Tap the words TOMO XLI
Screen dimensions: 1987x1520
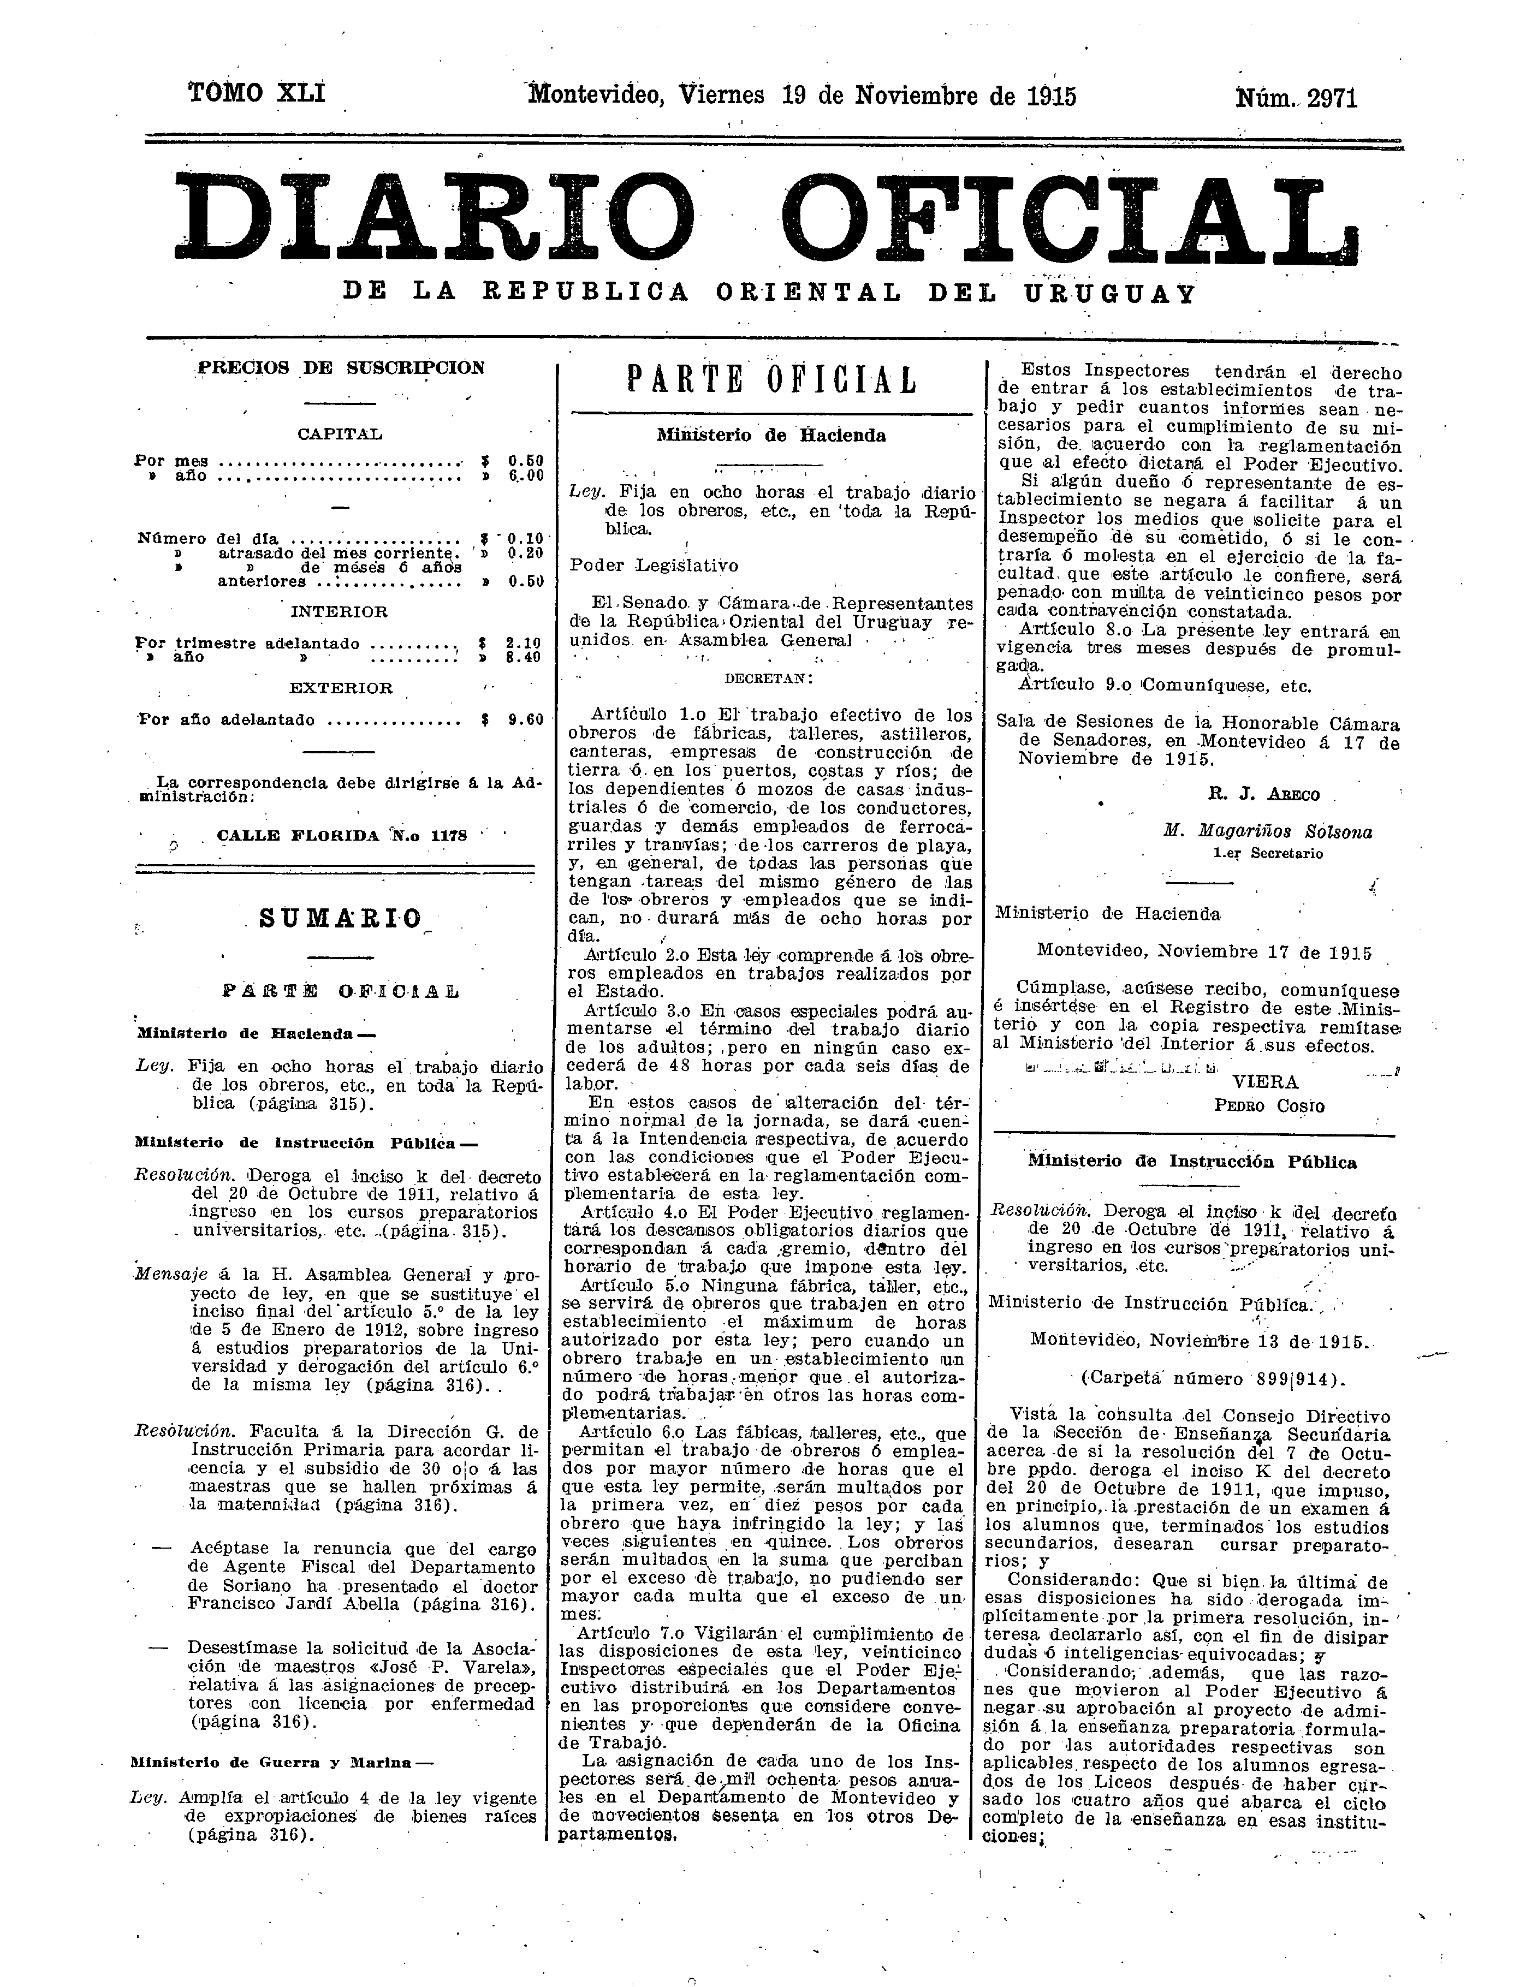tap(257, 93)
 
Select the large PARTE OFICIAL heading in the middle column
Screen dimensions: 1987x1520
tap(772, 381)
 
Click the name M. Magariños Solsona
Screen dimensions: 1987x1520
tap(1268, 832)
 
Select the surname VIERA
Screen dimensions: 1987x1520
tap(1265, 1082)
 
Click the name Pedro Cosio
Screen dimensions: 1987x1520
tap(1268, 1106)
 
